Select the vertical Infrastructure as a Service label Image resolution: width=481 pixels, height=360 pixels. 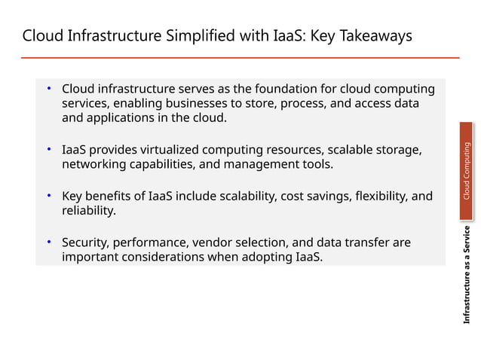click(467, 274)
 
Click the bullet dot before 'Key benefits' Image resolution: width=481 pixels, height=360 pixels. click(47, 197)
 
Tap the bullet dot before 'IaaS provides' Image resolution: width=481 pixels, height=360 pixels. click(47, 150)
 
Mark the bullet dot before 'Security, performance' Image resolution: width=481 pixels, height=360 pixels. click(47, 243)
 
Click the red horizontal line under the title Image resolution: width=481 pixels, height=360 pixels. click(240, 58)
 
